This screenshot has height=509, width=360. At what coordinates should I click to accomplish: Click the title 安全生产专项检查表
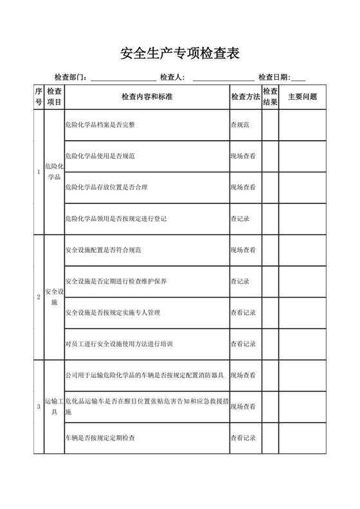click(x=180, y=53)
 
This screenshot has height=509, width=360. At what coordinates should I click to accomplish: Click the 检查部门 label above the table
click(x=70, y=78)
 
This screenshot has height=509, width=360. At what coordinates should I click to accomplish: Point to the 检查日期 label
click(x=274, y=78)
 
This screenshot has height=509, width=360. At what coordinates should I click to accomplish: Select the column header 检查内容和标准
click(x=147, y=97)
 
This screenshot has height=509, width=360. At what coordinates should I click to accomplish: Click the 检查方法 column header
click(x=245, y=97)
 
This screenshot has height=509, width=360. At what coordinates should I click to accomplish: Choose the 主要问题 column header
click(x=302, y=97)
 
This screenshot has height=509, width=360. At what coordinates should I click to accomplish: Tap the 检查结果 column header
click(x=270, y=97)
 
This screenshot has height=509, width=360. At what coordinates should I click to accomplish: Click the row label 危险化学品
click(x=54, y=172)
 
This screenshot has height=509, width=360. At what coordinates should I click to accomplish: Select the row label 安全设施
click(x=54, y=297)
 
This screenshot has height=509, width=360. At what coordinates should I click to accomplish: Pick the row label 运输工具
click(x=54, y=407)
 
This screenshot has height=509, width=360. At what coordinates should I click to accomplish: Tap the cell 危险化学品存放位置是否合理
click(x=106, y=188)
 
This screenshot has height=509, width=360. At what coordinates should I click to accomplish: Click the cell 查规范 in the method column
click(x=240, y=125)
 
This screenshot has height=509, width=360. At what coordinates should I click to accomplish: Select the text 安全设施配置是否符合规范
click(x=103, y=250)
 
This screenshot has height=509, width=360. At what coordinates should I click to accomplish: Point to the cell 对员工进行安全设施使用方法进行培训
click(x=118, y=344)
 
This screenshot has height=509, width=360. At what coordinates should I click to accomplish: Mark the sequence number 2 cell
click(x=39, y=297)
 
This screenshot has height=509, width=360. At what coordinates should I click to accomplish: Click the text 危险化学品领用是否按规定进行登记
click(x=116, y=219)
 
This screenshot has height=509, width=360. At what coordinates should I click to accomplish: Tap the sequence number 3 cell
click(x=39, y=407)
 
